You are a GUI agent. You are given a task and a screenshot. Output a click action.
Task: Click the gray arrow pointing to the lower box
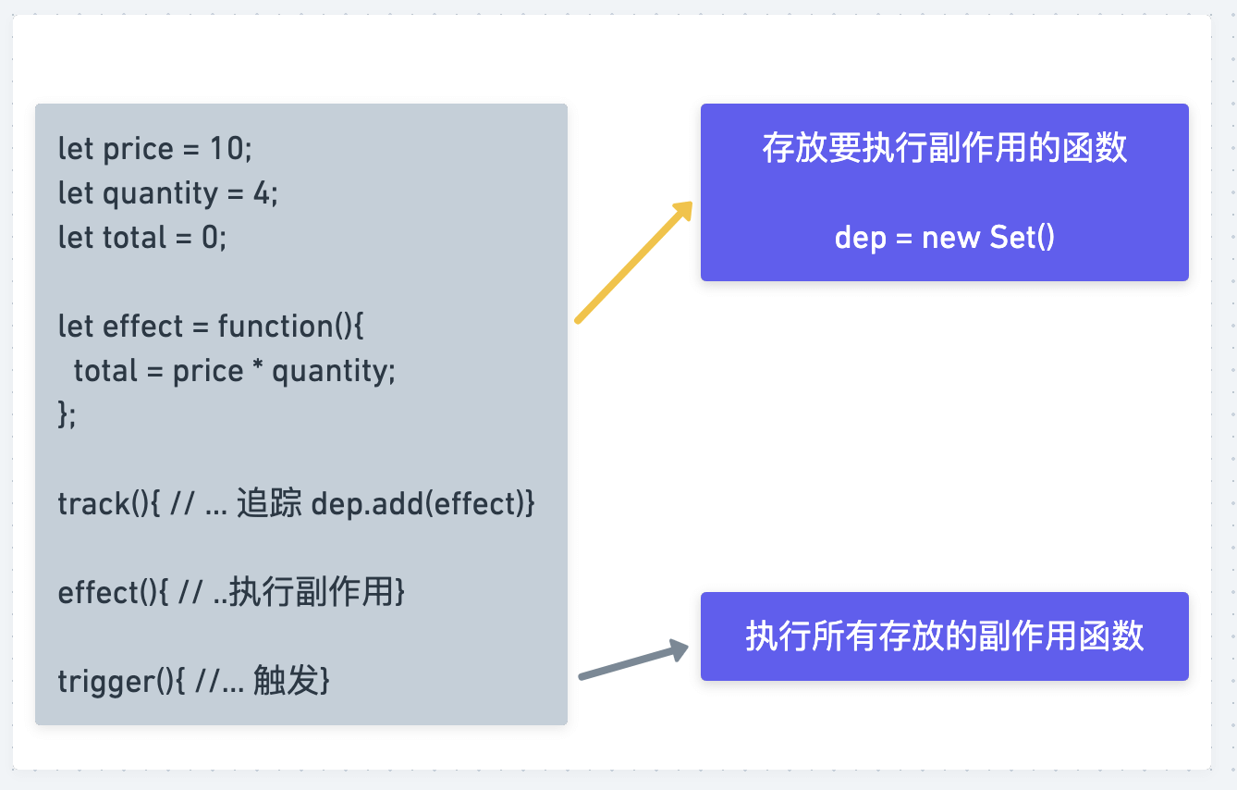pyautogui.click(x=632, y=663)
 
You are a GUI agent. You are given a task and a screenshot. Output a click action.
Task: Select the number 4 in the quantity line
pyautogui.click(x=263, y=193)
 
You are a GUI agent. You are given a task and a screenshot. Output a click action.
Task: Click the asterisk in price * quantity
pyautogui.click(x=258, y=371)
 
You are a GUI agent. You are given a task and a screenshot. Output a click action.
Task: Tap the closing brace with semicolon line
pyautogui.click(x=67, y=415)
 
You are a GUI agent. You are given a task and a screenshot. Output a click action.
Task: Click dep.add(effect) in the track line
pyautogui.click(x=423, y=504)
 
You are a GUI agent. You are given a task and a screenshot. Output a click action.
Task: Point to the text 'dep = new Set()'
pyautogui.click(x=944, y=238)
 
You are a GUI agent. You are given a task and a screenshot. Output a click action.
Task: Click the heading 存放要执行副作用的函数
pyautogui.click(x=944, y=149)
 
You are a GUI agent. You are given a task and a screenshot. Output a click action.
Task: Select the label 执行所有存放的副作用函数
pyautogui.click(x=944, y=636)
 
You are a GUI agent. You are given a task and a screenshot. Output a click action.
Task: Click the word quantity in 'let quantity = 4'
pyautogui.click(x=160, y=193)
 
